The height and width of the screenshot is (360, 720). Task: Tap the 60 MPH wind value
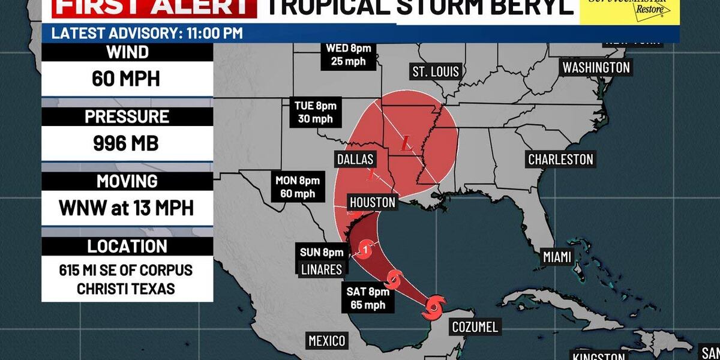click(126, 78)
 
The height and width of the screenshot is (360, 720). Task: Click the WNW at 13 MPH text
click(126, 208)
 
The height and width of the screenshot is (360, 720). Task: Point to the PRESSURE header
click(127, 116)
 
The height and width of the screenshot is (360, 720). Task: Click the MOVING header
click(127, 181)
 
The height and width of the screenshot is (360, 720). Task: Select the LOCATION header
click(127, 246)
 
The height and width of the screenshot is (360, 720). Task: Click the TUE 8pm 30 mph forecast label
click(315, 112)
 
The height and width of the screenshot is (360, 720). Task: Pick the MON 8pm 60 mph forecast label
click(298, 187)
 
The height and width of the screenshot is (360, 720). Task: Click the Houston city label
click(371, 203)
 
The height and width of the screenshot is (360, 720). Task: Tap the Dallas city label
click(355, 159)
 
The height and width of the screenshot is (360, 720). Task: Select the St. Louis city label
click(436, 72)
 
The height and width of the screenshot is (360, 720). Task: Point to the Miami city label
click(556, 257)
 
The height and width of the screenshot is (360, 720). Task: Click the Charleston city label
click(560, 159)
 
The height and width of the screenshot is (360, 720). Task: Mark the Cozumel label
click(473, 328)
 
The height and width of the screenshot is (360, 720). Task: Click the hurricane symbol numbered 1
click(366, 246)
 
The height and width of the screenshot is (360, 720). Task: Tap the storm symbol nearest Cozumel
click(433, 308)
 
